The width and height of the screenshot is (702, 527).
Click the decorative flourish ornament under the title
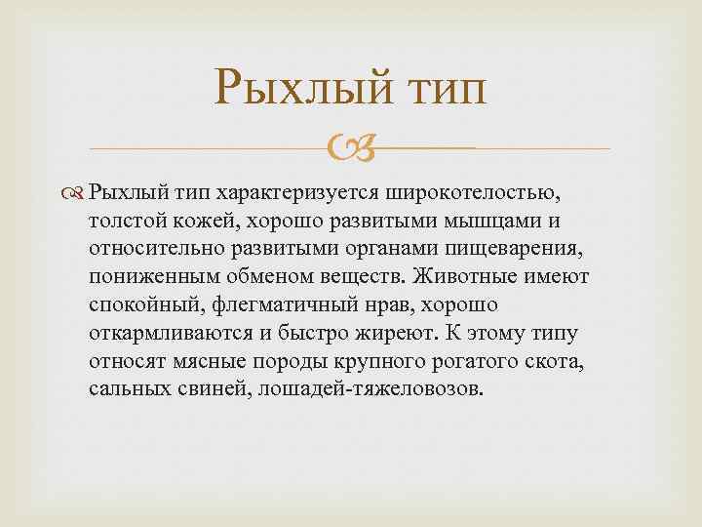(350, 149)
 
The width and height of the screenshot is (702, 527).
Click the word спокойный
(168, 305)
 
